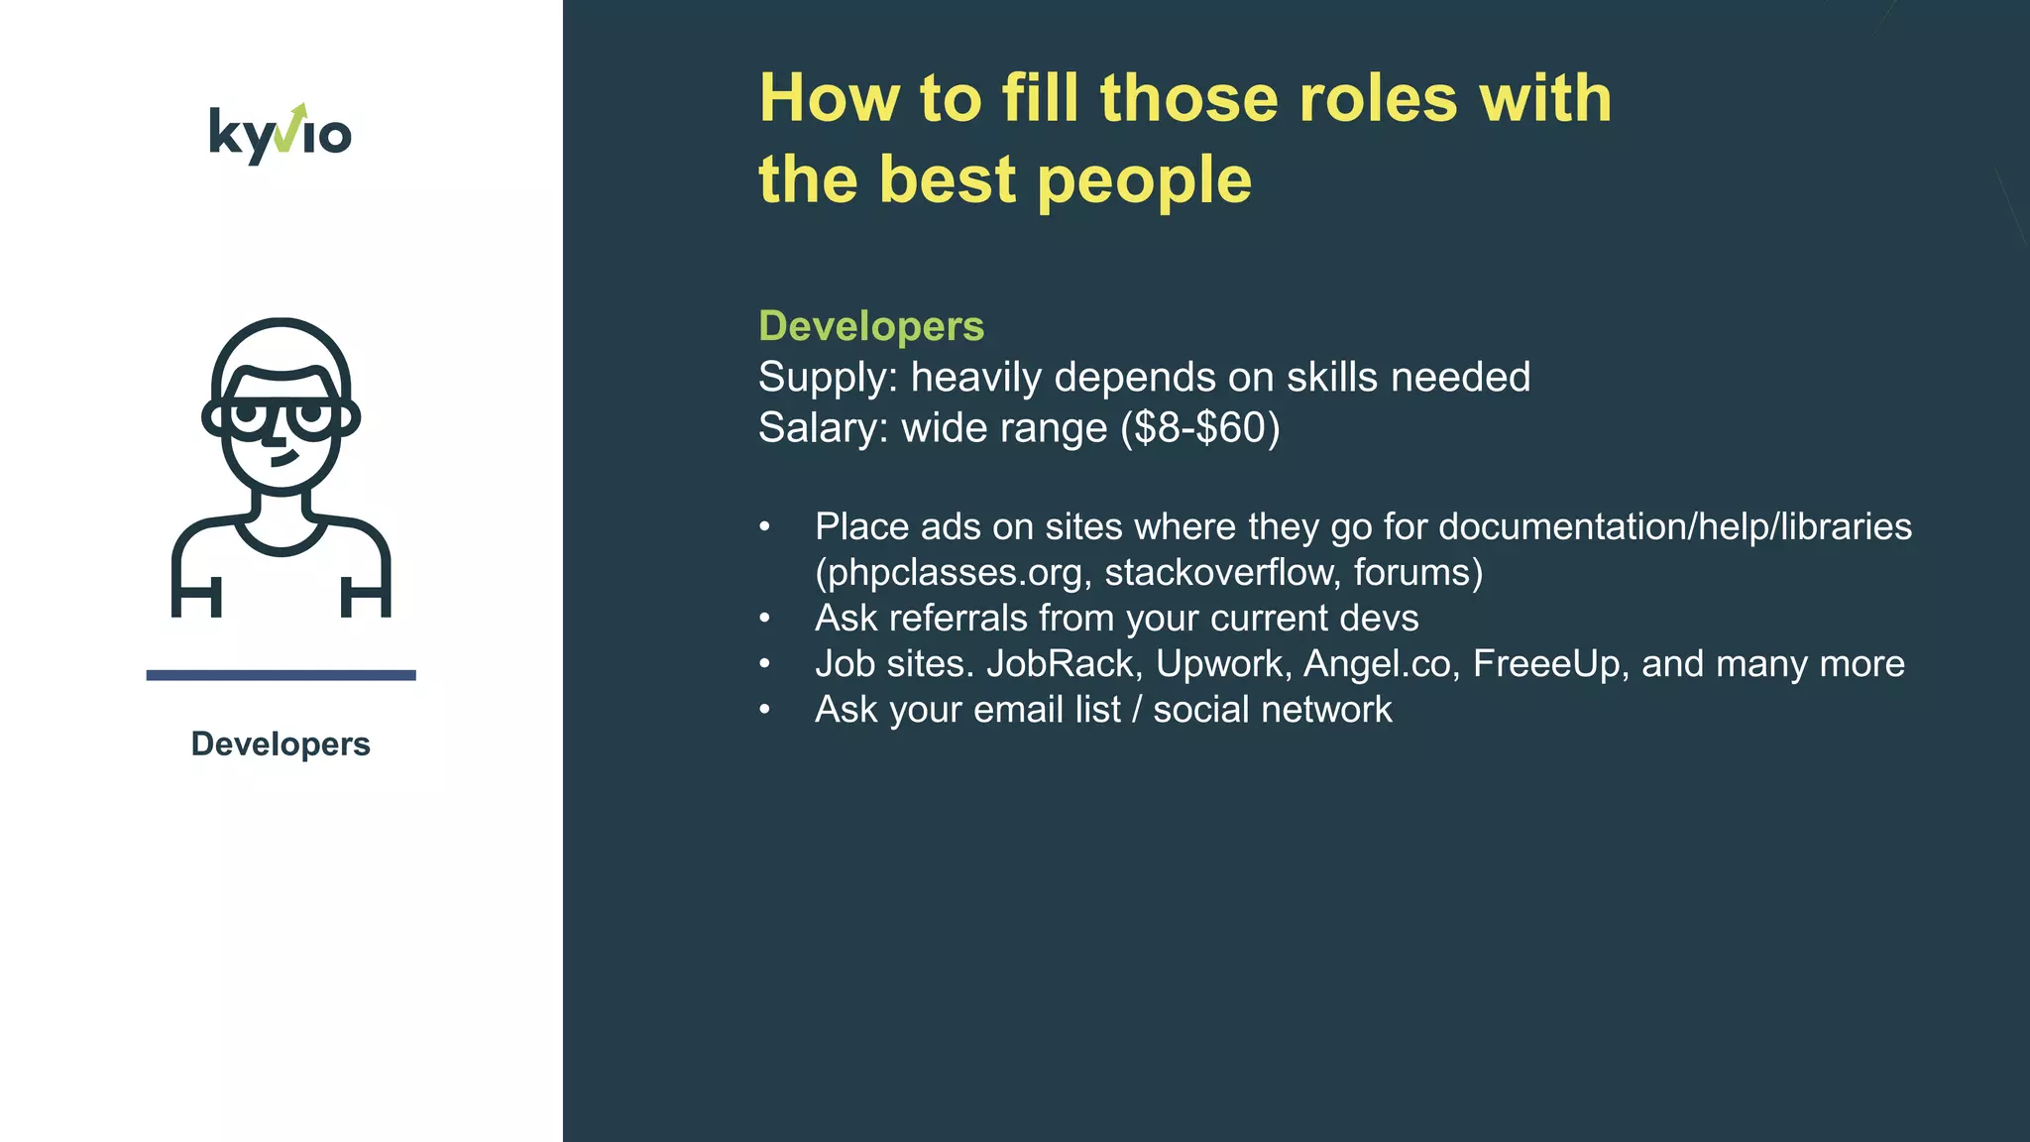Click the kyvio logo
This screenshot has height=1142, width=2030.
(281, 134)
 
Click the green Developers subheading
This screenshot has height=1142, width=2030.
(870, 326)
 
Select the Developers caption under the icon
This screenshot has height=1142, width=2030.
(281, 744)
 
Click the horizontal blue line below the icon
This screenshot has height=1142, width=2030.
(281, 675)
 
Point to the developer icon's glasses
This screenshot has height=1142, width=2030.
(281, 414)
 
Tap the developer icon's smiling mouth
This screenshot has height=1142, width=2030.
(284, 459)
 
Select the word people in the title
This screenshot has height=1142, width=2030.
(1144, 180)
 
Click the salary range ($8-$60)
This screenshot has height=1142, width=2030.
(1199, 428)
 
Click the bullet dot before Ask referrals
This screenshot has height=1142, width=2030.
(764, 620)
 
